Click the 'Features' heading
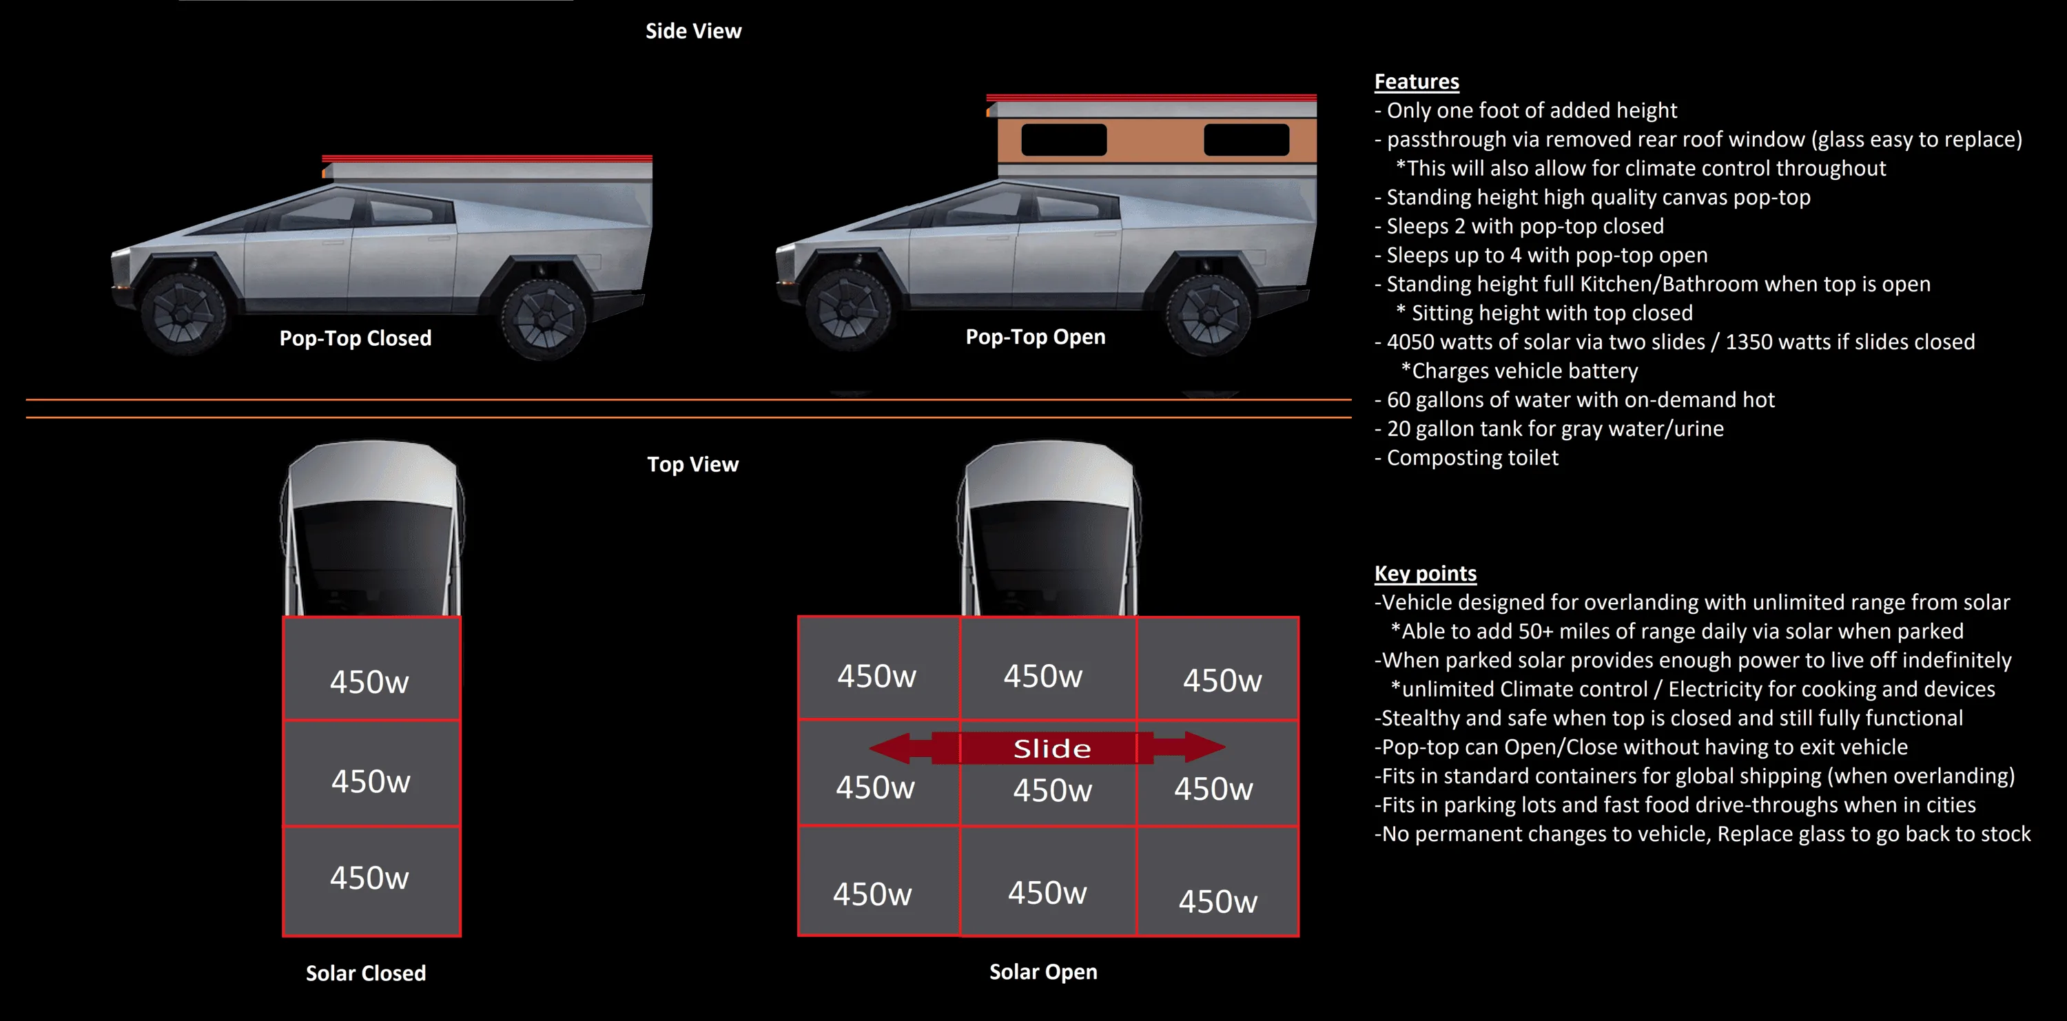point(1417,82)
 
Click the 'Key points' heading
point(1425,573)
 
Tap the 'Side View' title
point(693,31)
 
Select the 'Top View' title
point(692,464)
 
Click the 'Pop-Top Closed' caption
point(356,338)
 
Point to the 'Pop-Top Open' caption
point(1035,337)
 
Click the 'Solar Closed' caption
point(366,973)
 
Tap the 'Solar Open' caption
point(1043,972)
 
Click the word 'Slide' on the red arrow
point(1052,748)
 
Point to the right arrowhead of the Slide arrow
point(1204,747)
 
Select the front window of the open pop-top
point(1064,140)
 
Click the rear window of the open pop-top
point(1246,140)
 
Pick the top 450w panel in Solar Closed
point(371,668)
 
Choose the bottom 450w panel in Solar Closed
point(371,880)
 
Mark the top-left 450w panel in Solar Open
point(879,668)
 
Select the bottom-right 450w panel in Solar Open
point(1217,880)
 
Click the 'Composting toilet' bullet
point(1466,458)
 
